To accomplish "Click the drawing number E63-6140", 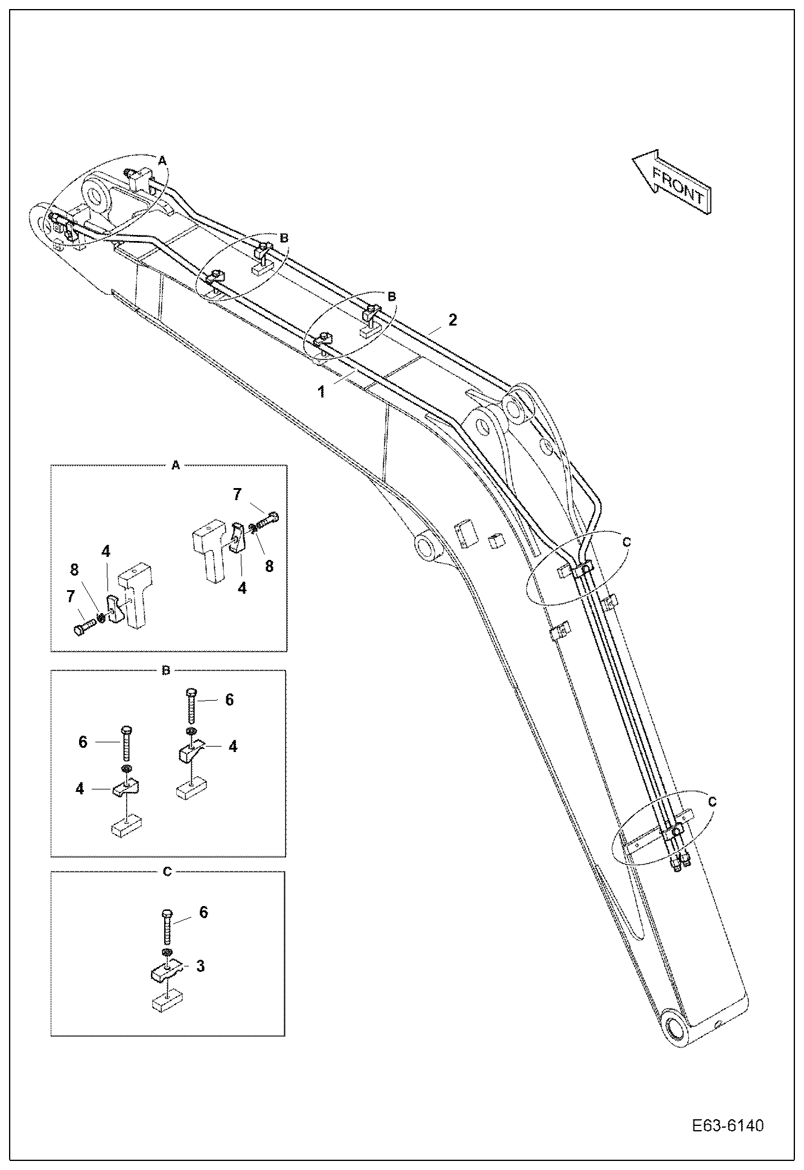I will tap(727, 1126).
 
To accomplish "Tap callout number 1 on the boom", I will tap(322, 392).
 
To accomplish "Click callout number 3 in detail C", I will tap(200, 966).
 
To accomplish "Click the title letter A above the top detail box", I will tap(176, 465).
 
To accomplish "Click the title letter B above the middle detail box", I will tap(167, 670).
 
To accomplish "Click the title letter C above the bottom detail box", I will tap(168, 872).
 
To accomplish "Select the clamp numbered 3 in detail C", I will tap(163, 971).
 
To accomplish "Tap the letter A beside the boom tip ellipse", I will tap(162, 160).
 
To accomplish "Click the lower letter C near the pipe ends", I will tap(712, 802).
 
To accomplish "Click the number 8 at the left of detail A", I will tap(74, 569).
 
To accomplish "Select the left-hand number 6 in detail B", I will tap(83, 742).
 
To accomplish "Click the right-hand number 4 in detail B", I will tap(232, 747).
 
